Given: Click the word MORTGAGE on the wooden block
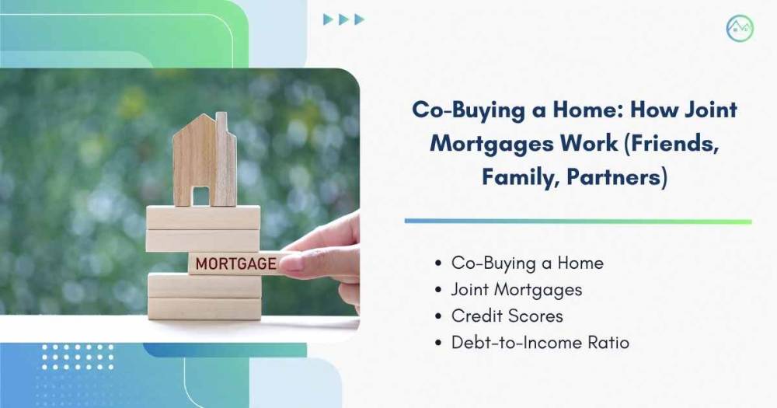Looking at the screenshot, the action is tap(236, 263).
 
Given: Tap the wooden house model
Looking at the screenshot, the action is tap(204, 159).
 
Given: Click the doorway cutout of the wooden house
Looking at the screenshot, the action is tap(200, 196).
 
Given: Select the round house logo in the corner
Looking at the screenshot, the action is tap(740, 28).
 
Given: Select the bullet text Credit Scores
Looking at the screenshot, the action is tap(507, 316).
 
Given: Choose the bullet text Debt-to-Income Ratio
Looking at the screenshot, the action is tap(540, 343).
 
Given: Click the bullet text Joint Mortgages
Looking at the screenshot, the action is tap(517, 290).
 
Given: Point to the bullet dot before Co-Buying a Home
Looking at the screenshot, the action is tap(438, 263).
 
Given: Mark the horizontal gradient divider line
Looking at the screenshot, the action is tap(578, 221).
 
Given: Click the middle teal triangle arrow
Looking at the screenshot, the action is tap(343, 19).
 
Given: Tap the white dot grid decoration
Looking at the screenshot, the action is tap(78, 357).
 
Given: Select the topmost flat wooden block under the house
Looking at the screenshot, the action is tap(203, 218).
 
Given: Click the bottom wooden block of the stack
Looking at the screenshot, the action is tap(204, 309).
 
